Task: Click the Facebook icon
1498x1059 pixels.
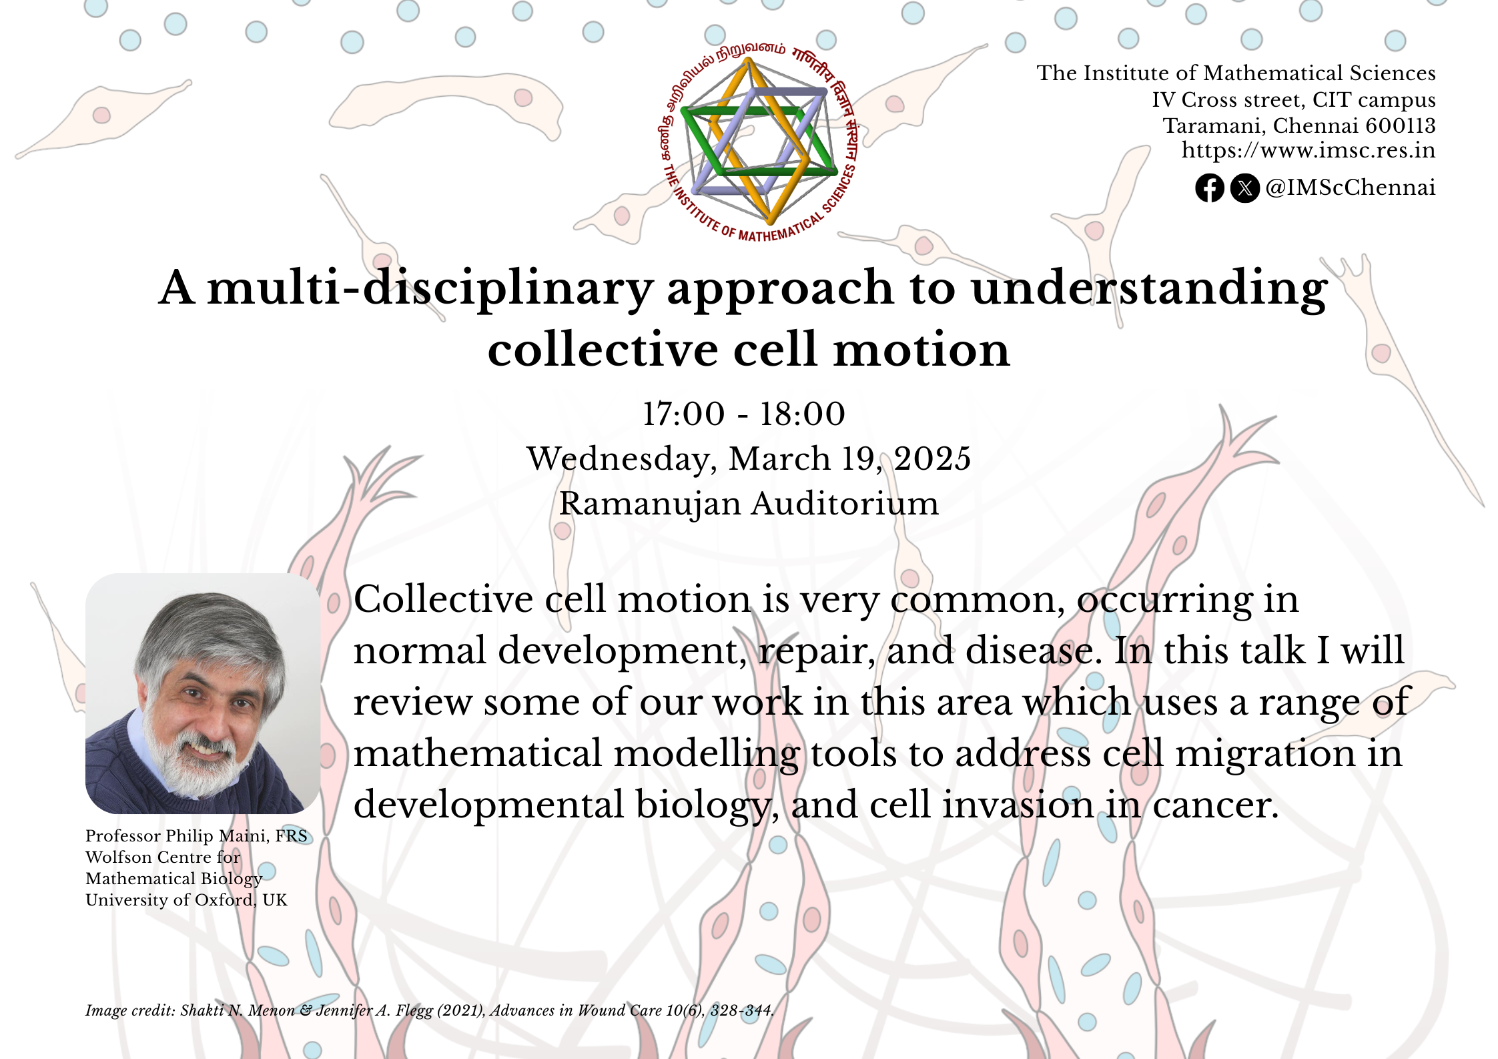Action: pos(1209,188)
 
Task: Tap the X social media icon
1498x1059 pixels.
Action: pos(1244,188)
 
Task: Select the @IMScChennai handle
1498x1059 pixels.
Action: pos(1350,188)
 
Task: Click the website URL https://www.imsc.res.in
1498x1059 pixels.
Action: pos(1308,151)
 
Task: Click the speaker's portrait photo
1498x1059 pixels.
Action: pos(203,693)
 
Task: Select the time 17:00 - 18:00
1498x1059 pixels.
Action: pos(743,414)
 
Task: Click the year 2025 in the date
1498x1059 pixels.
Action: pos(932,459)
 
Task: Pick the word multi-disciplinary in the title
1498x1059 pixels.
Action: pos(430,289)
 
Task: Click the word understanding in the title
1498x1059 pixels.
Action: pos(1149,289)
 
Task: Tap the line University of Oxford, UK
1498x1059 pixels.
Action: pos(186,900)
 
